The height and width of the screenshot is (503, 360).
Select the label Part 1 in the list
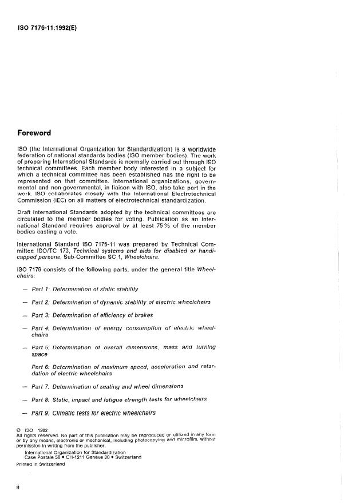click(43, 289)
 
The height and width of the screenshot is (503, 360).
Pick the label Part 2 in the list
click(43, 302)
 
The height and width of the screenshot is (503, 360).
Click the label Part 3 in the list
click(43, 315)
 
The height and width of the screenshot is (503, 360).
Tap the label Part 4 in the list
click(43, 328)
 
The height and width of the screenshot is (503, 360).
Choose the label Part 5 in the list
click(43, 347)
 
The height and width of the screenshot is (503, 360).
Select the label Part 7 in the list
click(43, 386)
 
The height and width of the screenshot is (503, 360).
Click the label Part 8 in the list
click(43, 399)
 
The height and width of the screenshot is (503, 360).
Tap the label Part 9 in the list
click(43, 412)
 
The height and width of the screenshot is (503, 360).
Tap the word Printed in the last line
click(26, 464)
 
